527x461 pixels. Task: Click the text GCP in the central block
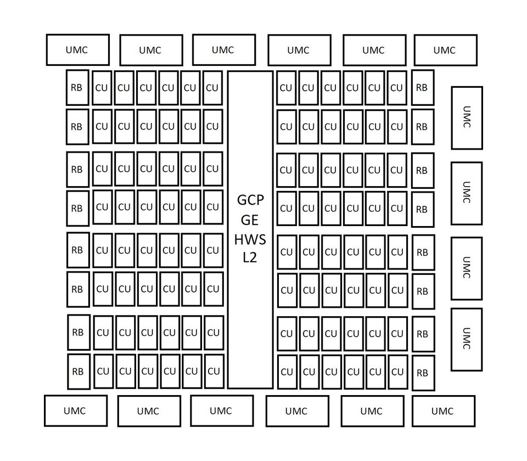250,200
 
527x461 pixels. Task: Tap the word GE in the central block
250,220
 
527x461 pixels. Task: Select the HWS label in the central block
250,240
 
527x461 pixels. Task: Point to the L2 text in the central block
250,257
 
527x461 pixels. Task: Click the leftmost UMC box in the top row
77,50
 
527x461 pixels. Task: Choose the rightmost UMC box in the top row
446,50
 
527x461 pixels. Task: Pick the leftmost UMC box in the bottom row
76,411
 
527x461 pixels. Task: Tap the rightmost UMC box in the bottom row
444,411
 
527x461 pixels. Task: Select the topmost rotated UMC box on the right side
467,118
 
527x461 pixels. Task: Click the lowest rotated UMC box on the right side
467,340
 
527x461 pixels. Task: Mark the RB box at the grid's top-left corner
77,88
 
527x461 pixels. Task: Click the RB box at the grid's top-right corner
423,88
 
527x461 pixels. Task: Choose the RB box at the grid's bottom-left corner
79,372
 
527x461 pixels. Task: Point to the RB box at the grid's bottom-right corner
423,373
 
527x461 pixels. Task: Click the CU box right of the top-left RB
102,88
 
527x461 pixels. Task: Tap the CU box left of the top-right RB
397,88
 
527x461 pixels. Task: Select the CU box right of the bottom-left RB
104,372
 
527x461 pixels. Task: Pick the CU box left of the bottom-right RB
398,372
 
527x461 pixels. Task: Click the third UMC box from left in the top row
224,50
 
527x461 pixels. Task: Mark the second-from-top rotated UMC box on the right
467,194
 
